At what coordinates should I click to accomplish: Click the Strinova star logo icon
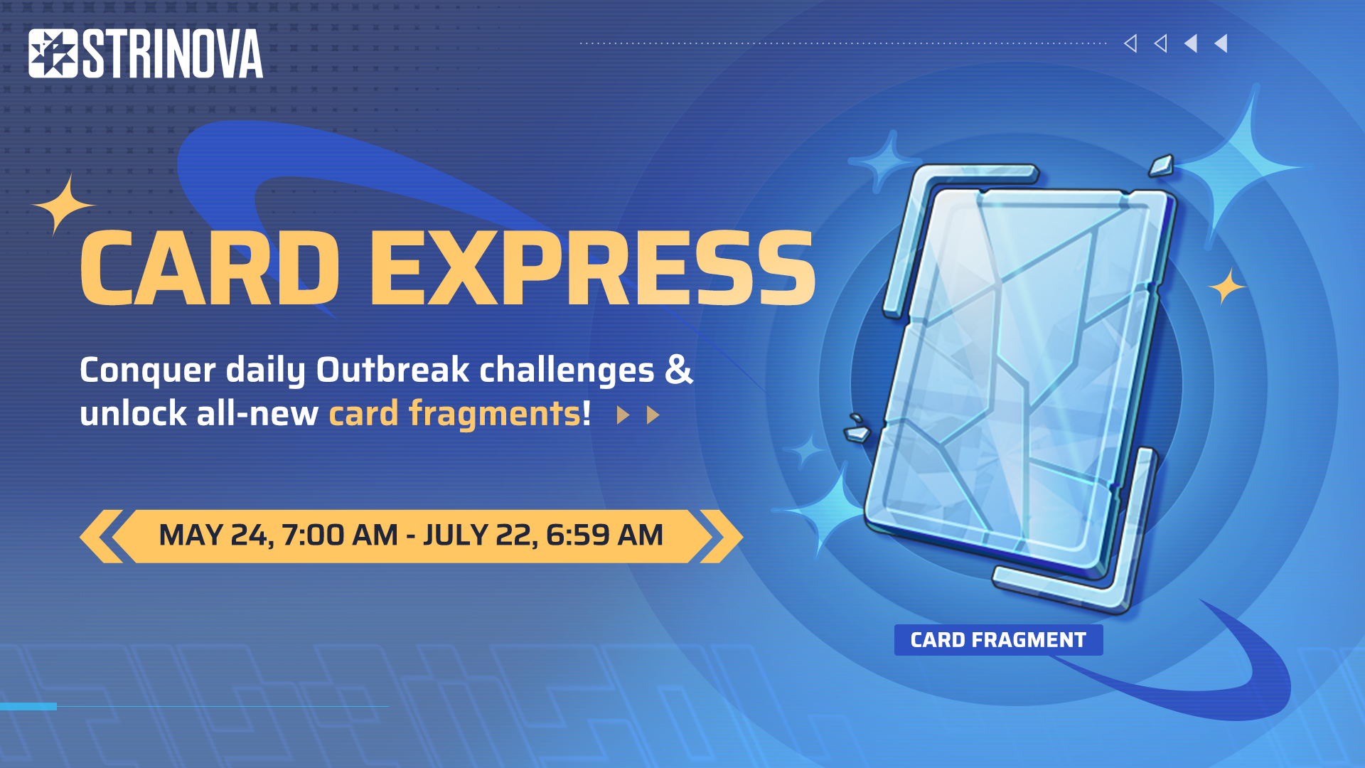[53, 53]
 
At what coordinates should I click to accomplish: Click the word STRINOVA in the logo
[173, 53]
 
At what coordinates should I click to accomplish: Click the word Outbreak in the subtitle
[392, 370]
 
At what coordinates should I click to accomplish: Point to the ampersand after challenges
[679, 370]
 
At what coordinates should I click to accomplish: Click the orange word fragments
[495, 414]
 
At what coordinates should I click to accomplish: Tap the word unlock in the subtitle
[133, 413]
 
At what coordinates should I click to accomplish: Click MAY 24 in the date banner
[215, 535]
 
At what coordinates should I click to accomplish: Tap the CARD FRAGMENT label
[998, 640]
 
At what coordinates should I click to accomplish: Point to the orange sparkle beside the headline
[63, 205]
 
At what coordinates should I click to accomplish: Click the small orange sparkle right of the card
[1227, 287]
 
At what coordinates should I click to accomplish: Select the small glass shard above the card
[1161, 166]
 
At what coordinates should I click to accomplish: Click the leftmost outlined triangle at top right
[1130, 43]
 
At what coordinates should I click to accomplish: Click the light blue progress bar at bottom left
[28, 706]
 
